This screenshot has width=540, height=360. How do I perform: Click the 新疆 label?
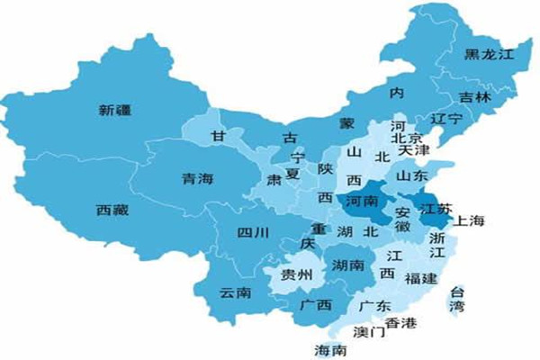point(117,112)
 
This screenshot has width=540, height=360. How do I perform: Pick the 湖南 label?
point(347,265)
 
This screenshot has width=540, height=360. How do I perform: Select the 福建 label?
point(422,278)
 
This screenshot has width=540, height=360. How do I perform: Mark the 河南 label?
point(362,202)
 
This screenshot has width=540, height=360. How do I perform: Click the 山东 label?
point(412,176)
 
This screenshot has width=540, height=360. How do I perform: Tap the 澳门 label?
point(369,332)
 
